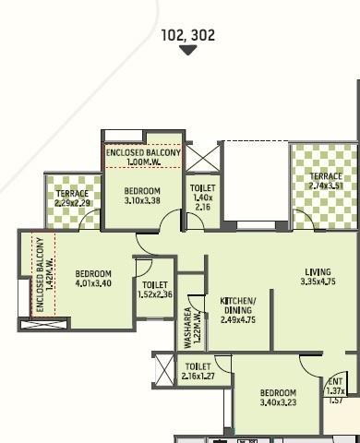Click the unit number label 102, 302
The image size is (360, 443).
point(187,35)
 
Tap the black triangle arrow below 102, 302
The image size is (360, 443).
point(187,50)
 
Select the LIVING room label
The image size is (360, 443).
point(318,272)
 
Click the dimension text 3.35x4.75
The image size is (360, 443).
point(318,281)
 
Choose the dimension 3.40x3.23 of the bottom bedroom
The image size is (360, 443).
point(278,402)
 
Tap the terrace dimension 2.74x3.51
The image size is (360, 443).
point(326,186)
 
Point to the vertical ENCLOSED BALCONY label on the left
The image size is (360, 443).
point(40,275)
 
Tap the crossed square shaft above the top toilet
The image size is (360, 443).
point(201,158)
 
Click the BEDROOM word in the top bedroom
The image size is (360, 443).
point(142,191)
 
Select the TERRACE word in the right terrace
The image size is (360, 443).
point(326,176)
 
